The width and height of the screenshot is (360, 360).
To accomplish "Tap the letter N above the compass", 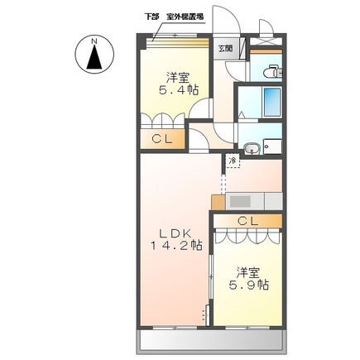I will (94, 39).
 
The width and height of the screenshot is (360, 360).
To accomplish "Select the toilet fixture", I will (271, 73).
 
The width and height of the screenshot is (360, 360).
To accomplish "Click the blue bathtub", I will (269, 103).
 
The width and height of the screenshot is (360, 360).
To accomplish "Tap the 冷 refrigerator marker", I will (233, 159).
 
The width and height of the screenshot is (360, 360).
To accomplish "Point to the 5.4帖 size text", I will (180, 89).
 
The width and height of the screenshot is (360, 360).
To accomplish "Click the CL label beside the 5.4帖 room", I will (161, 139).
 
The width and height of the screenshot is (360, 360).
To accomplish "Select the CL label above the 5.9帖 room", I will (247, 220).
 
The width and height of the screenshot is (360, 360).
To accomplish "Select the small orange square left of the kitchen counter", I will (218, 201).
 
